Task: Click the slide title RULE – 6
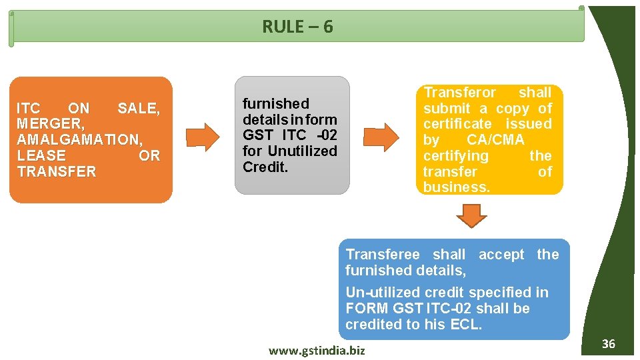pyautogui.click(x=297, y=27)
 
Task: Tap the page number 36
pyautogui.click(x=608, y=344)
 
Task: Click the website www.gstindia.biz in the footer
pyautogui.click(x=317, y=350)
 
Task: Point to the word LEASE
pyautogui.click(x=42, y=156)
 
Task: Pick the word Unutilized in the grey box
pyautogui.click(x=303, y=151)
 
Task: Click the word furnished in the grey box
pyautogui.click(x=276, y=104)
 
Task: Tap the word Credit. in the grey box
pyautogui.click(x=265, y=167)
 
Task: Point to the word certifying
pyautogui.click(x=456, y=156)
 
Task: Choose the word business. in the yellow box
pyautogui.click(x=456, y=187)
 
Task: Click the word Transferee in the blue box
pyautogui.click(x=383, y=255)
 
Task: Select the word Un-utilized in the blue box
pyautogui.click(x=380, y=293)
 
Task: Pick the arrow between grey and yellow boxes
pyautogui.click(x=381, y=137)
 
